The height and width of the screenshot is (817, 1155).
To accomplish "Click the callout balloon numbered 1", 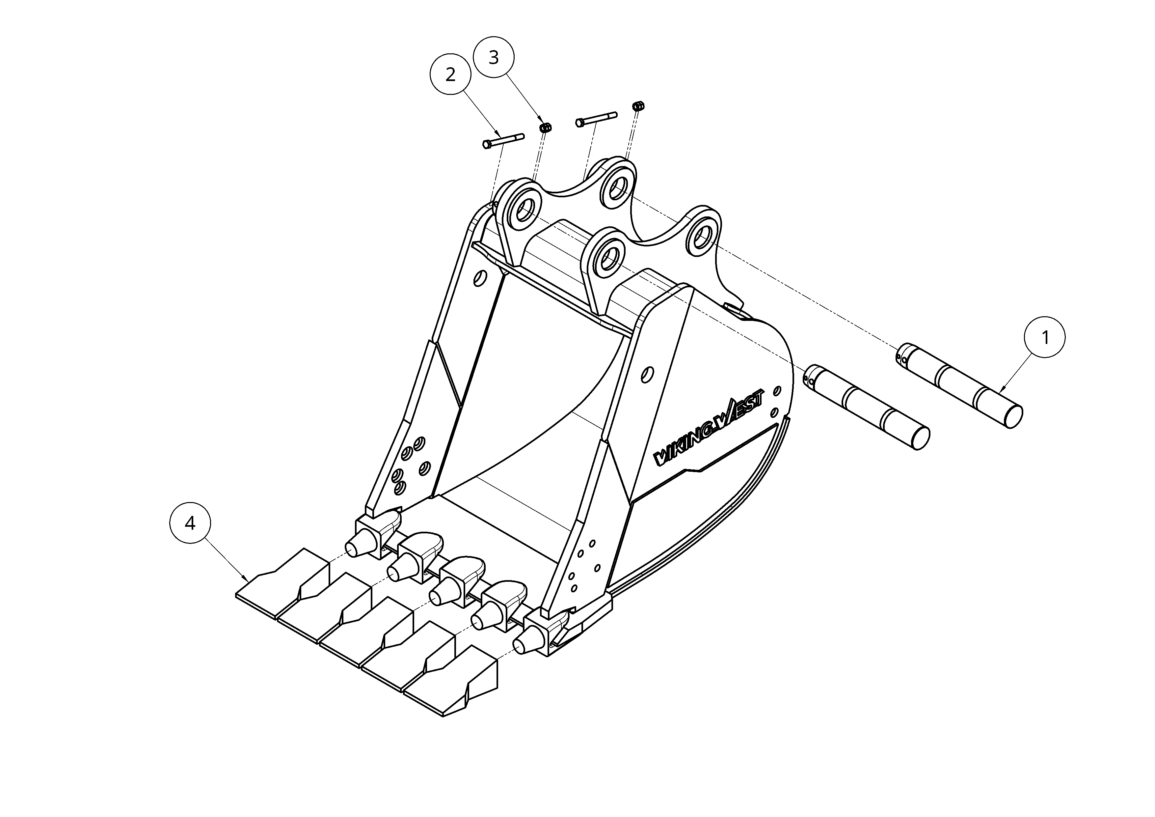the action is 1045,337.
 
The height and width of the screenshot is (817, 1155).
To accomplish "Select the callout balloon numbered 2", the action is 450,74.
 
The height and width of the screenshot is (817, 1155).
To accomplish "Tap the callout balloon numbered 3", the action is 494,57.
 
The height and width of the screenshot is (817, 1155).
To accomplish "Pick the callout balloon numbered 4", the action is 190,523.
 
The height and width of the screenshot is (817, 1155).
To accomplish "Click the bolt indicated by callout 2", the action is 503,140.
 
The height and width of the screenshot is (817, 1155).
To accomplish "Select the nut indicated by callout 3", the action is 545,127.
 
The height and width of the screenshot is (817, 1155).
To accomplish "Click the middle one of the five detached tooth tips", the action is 367,632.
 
